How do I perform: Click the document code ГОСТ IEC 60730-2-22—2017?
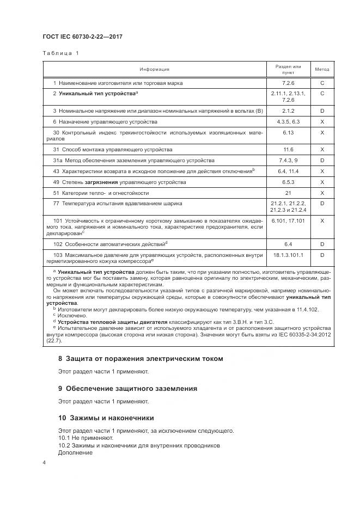tap(82, 36)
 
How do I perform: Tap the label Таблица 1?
tap(60, 53)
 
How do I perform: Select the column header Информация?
tap(154, 69)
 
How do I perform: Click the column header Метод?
tap(322, 69)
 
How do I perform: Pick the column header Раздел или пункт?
tap(288, 69)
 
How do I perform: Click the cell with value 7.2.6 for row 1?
tap(288, 83)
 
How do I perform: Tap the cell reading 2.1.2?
tap(288, 111)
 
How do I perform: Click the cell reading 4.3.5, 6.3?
tap(288, 121)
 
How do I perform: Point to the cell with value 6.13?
tap(288, 132)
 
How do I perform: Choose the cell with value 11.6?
tap(288, 149)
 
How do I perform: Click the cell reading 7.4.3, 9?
tap(288, 160)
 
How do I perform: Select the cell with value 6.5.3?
tap(288, 182)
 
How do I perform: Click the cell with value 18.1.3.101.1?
tap(288, 254)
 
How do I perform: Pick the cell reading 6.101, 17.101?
tap(288, 220)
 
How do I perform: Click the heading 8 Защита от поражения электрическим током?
tap(141, 359)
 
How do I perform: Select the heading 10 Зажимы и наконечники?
tap(106, 418)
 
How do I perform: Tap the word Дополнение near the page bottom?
tap(75, 452)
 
